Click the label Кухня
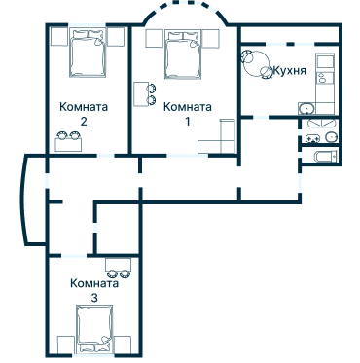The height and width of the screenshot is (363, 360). tap(292, 72)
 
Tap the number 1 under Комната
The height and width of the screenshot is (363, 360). tap(188, 121)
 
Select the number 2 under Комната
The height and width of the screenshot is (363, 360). tap(84, 122)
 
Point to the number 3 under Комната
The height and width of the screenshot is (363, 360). tap(93, 297)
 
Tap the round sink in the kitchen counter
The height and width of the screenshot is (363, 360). tap(306, 108)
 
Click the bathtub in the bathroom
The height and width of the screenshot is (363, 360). tap(321, 157)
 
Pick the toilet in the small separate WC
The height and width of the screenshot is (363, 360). tap(331, 137)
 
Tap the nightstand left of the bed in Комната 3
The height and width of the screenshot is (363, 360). tap(65, 345)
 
